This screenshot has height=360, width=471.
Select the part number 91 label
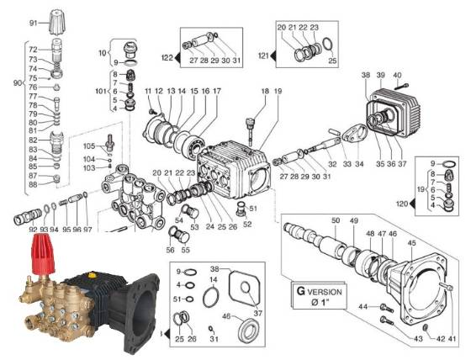click(x=34, y=22)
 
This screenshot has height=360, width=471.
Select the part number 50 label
click(x=335, y=220)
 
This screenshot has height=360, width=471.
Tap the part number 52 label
click(x=246, y=224)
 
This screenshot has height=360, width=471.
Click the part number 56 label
click(x=169, y=250)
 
